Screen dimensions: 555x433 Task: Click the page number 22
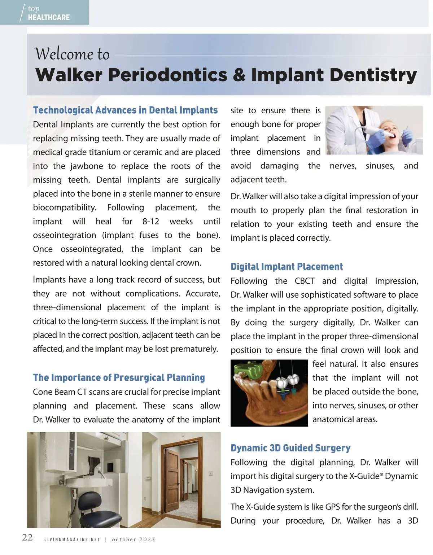pos(27,538)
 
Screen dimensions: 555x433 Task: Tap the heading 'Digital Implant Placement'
pos(287,267)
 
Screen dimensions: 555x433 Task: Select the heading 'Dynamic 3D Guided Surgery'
pos(290,448)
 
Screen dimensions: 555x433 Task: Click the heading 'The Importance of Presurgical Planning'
pos(119,378)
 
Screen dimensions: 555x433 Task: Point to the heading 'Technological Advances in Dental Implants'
pos(125,110)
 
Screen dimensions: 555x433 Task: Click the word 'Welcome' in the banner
pos(64,54)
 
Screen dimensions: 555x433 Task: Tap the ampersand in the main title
pos(239,75)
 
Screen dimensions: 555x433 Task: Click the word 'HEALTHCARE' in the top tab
pos(49,17)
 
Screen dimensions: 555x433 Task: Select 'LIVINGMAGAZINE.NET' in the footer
pos(72,539)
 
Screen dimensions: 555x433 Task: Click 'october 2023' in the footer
pos(133,539)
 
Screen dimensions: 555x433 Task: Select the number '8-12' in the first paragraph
pos(151,222)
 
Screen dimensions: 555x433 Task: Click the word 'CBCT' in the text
pos(305,281)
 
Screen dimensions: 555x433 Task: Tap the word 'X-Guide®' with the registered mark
pos(366,476)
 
